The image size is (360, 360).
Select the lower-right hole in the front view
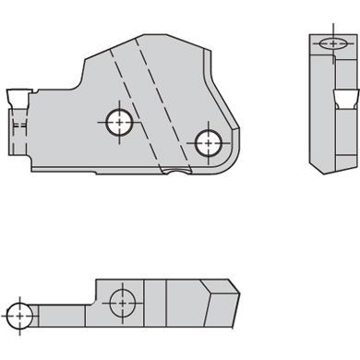coord(207,140)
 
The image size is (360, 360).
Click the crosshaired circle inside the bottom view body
coord(119,300)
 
